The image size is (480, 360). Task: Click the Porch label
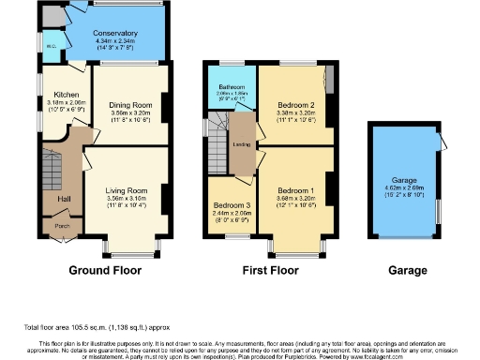pos(61,225)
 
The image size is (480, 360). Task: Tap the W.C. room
pos(51,44)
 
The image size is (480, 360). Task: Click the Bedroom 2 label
pos(295,104)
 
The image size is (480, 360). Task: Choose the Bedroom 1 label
pos(295,189)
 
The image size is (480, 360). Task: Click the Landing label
pos(240,144)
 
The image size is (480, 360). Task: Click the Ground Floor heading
pos(106,270)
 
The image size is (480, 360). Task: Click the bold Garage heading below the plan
pos(407,270)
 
